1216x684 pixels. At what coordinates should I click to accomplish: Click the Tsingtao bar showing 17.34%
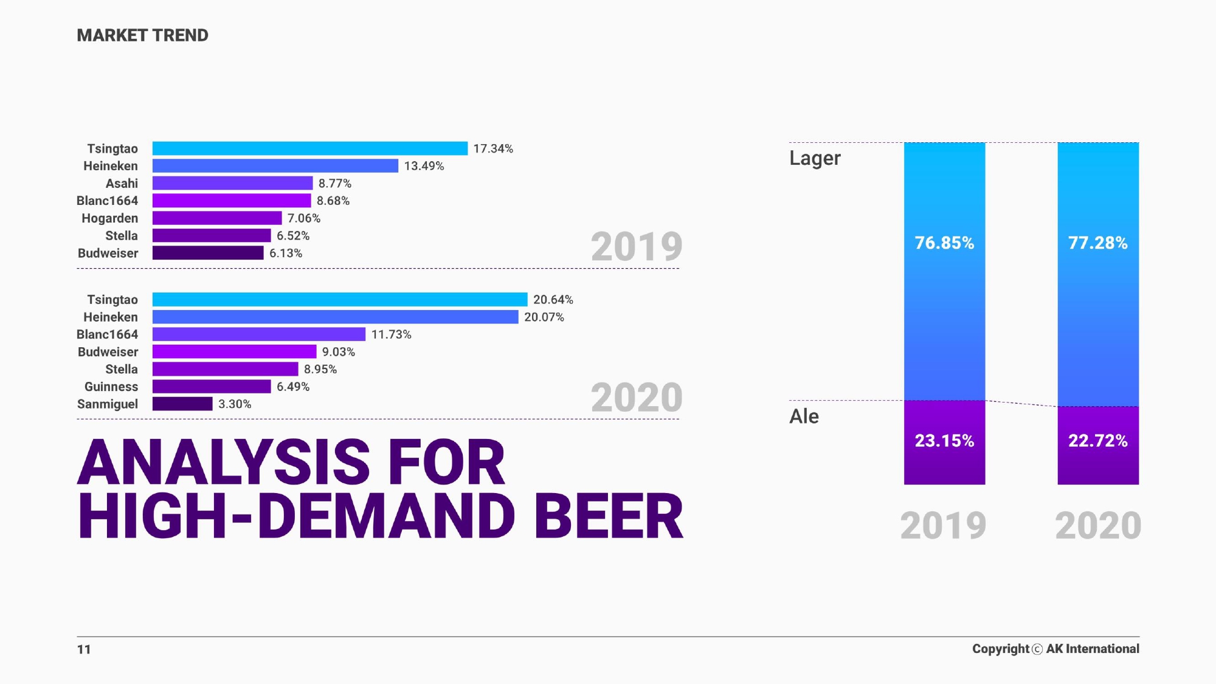coord(309,148)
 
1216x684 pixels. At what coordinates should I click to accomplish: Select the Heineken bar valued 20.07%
coord(335,317)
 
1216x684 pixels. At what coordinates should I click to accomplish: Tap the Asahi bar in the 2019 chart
coord(232,183)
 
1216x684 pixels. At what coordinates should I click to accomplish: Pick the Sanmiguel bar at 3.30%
coord(182,404)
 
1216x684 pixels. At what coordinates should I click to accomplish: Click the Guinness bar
coord(211,387)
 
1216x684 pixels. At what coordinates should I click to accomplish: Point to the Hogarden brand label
coord(109,218)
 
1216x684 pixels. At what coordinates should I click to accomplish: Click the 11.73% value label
coord(391,334)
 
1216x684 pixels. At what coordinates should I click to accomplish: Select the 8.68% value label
coord(333,201)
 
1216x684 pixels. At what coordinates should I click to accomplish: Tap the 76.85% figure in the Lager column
coord(944,243)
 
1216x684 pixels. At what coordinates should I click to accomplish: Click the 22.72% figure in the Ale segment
coord(1097,441)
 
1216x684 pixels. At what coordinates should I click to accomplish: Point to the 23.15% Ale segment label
coord(944,441)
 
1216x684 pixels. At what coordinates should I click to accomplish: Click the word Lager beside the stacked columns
coord(815,158)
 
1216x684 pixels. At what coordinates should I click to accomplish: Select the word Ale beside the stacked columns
coord(804,416)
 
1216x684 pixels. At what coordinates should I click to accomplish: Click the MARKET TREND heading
coord(142,35)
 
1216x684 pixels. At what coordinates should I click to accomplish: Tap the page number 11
coord(84,649)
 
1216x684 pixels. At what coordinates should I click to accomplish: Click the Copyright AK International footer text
coord(1055,649)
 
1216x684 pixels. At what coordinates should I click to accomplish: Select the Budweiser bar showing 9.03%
coord(234,351)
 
